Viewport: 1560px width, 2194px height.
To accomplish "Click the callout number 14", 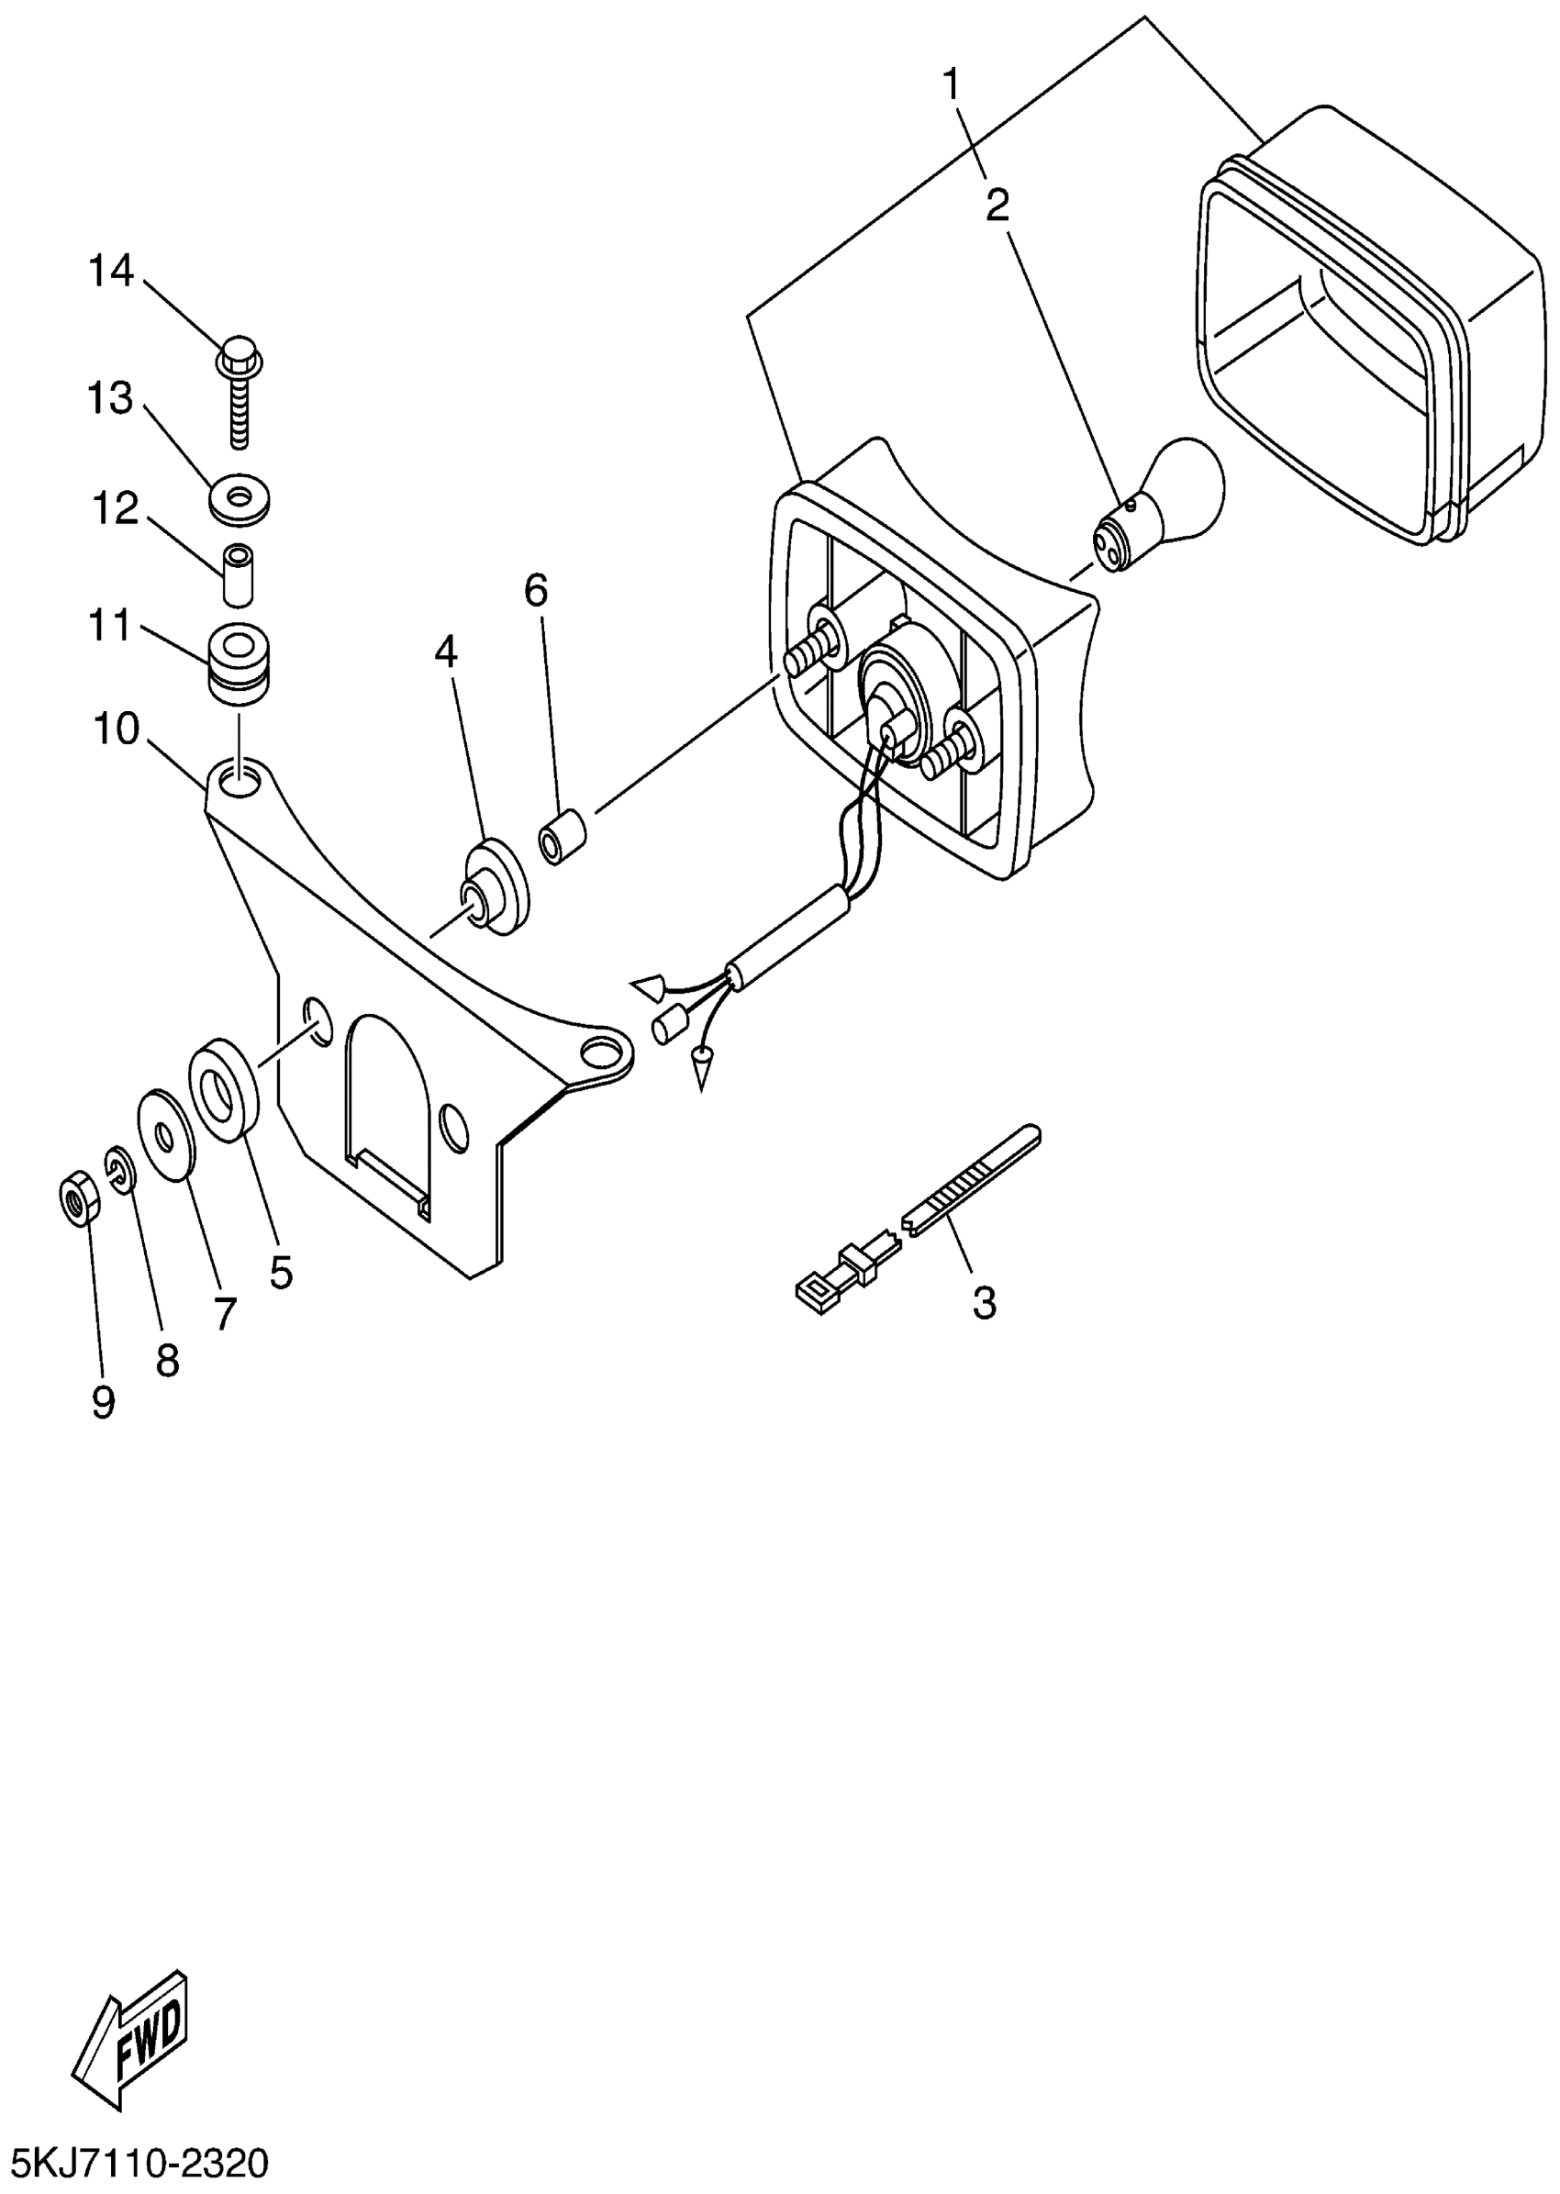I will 110,272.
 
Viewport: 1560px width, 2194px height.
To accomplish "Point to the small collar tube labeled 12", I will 239,574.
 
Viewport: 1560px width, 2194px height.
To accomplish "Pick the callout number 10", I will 117,729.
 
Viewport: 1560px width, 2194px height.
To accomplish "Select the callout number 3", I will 985,1304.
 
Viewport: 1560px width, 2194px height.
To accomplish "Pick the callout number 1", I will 951,86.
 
